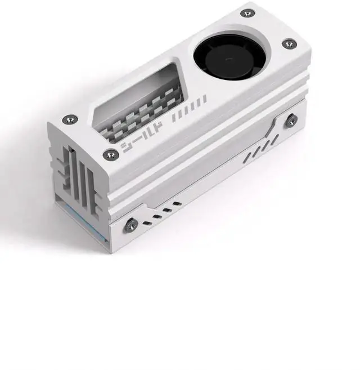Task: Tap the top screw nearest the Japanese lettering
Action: click(108, 154)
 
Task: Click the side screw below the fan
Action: click(292, 119)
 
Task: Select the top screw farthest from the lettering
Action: click(247, 12)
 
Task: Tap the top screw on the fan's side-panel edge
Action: click(288, 43)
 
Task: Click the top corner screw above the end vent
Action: click(69, 119)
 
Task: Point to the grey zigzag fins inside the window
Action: click(143, 113)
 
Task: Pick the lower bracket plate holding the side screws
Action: click(214, 186)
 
